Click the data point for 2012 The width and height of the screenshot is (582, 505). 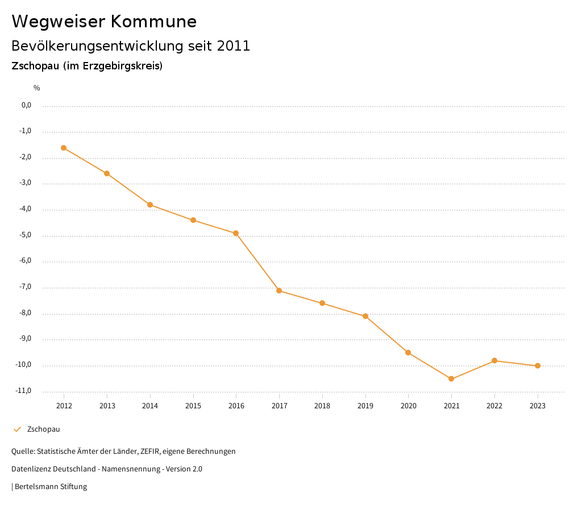64,148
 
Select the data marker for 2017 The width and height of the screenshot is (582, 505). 279,291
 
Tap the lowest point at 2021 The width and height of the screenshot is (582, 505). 451,379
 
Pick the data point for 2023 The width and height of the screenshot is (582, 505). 538,366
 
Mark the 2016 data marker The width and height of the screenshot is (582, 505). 236,233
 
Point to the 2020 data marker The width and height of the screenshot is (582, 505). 408,353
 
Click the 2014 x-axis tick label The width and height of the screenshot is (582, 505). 150,405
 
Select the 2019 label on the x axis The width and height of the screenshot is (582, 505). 365,405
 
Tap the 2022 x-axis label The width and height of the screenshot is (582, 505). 494,405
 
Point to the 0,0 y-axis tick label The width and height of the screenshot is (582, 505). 26,105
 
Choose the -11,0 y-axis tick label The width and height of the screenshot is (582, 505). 24,391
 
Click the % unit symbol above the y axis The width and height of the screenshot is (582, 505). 37,88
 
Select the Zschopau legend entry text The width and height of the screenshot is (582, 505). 44,429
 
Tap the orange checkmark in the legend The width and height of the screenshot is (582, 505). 17,429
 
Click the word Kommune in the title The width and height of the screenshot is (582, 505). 153,22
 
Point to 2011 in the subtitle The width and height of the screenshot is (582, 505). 234,45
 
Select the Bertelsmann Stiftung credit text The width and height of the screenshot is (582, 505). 51,486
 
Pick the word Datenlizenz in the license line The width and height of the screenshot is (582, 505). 30,469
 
